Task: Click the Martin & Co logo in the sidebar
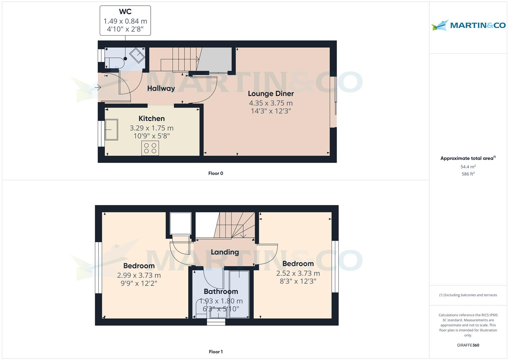pyautogui.click(x=468, y=25)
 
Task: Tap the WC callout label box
pyautogui.click(x=125, y=21)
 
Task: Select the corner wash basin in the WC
pyautogui.click(x=137, y=55)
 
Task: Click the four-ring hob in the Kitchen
pyautogui.click(x=150, y=148)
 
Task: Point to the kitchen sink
pyautogui.click(x=111, y=129)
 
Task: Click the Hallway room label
pyautogui.click(x=161, y=88)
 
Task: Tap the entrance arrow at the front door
pyautogui.click(x=97, y=88)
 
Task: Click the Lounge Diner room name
pyautogui.click(x=271, y=94)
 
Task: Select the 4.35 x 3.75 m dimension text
pyautogui.click(x=271, y=103)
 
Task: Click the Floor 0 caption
pyautogui.click(x=216, y=173)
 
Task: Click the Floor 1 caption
pyautogui.click(x=216, y=352)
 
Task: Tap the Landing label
pyautogui.click(x=225, y=252)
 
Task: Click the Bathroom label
pyautogui.click(x=221, y=292)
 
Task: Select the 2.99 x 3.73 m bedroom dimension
pyautogui.click(x=139, y=275)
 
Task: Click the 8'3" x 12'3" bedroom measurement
pyautogui.click(x=298, y=281)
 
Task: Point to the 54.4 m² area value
pyautogui.click(x=468, y=167)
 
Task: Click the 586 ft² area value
pyautogui.click(x=468, y=174)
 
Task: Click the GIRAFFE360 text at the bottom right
pyautogui.click(x=468, y=345)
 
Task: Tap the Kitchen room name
pyautogui.click(x=152, y=119)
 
